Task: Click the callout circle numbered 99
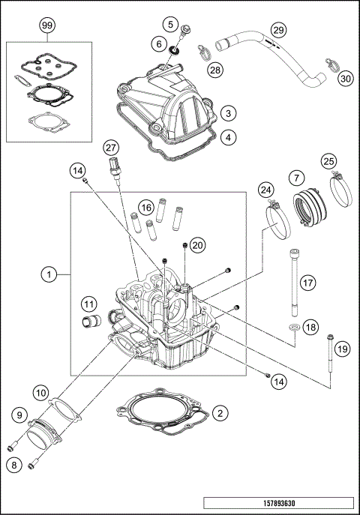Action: (x=48, y=25)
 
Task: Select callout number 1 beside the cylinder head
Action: (x=49, y=276)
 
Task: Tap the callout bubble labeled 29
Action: (x=278, y=30)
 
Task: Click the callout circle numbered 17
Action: (x=307, y=282)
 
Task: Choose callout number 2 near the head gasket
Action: (x=219, y=413)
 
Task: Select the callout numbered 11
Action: (x=89, y=304)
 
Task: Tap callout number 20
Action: (x=197, y=244)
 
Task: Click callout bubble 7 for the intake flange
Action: (x=296, y=178)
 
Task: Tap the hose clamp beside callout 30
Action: (x=328, y=62)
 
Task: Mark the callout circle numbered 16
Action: (x=145, y=205)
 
